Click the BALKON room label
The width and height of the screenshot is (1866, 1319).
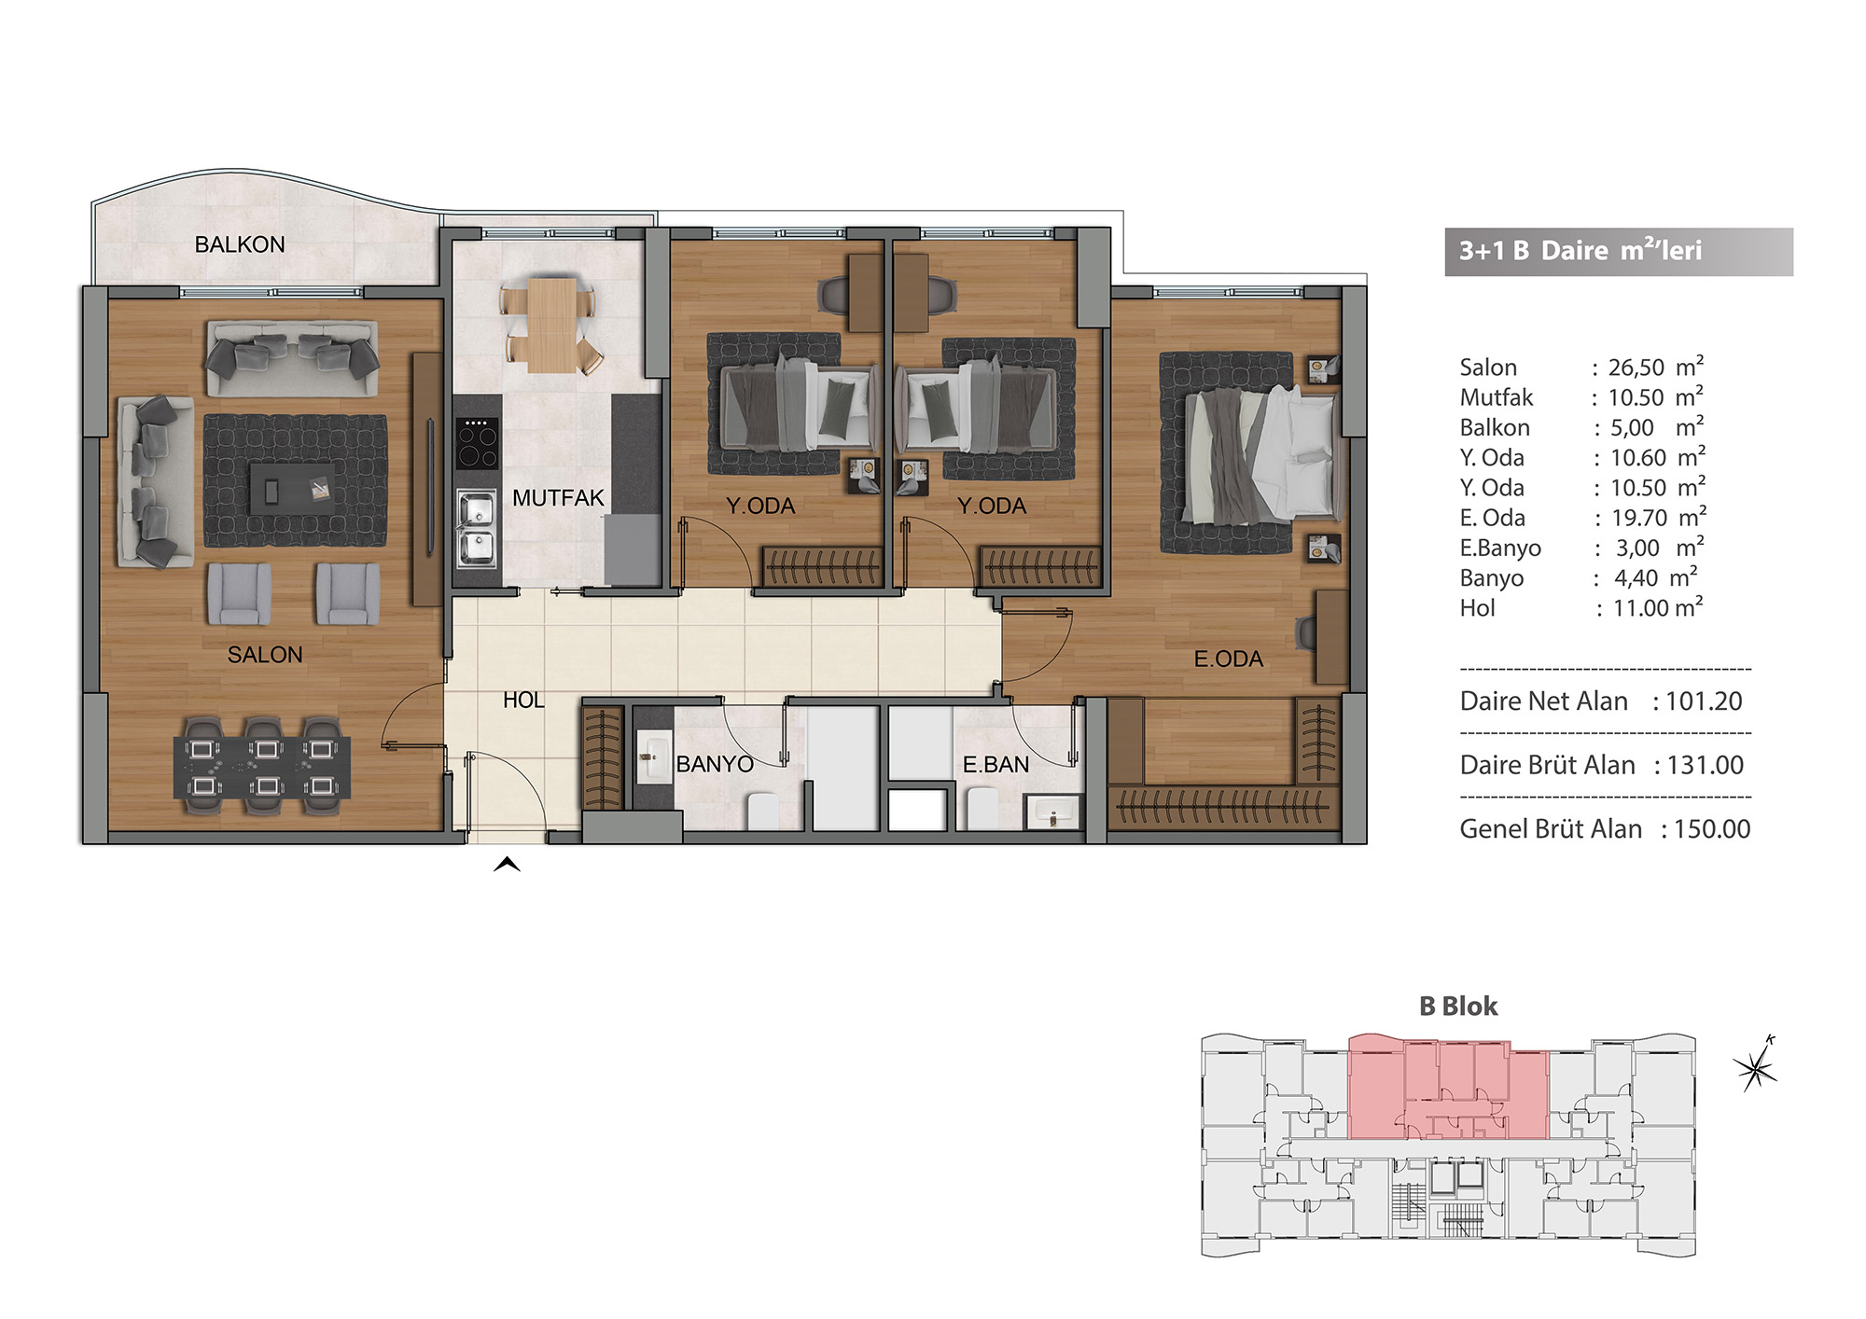pyautogui.click(x=240, y=244)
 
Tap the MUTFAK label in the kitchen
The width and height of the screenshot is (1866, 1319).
pyautogui.click(x=558, y=498)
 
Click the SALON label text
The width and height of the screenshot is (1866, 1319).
pyautogui.click(x=265, y=655)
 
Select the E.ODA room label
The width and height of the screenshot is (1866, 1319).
pyautogui.click(x=1229, y=659)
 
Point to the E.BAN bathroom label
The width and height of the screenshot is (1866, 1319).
pyautogui.click(x=996, y=765)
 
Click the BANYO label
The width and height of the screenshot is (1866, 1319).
pyautogui.click(x=715, y=765)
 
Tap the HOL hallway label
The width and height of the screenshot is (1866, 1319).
pyautogui.click(x=523, y=701)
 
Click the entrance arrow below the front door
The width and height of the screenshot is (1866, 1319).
pyautogui.click(x=507, y=864)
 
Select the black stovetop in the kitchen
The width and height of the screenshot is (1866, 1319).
pyautogui.click(x=477, y=443)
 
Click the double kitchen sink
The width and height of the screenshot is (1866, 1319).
pyautogui.click(x=476, y=529)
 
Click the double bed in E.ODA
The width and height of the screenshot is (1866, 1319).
pyautogui.click(x=1260, y=456)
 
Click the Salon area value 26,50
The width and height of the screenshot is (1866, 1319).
pyautogui.click(x=1636, y=368)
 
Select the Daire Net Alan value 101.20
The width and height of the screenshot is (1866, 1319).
pyautogui.click(x=1704, y=701)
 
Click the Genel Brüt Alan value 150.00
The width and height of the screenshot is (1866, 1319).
pyautogui.click(x=1712, y=829)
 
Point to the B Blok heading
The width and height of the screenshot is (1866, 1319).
pyautogui.click(x=1458, y=1007)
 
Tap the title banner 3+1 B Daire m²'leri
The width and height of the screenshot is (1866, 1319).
pyautogui.click(x=1619, y=252)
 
